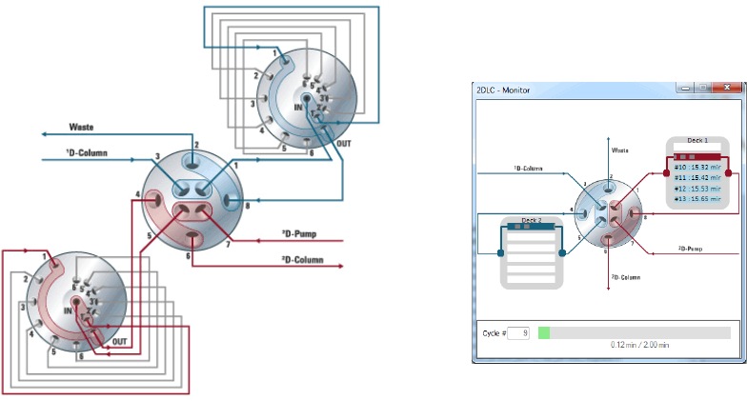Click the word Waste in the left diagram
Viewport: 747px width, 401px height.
[82, 126]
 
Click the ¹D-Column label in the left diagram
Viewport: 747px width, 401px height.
[87, 152]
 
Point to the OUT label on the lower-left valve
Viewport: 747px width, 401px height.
[119, 340]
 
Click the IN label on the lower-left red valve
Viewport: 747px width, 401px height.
[70, 311]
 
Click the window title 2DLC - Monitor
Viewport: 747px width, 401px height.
[504, 90]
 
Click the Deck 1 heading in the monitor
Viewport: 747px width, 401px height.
[697, 140]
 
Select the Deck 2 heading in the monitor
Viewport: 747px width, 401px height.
[531, 220]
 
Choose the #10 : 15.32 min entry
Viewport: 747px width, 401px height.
[698, 167]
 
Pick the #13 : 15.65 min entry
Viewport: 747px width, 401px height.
[698, 198]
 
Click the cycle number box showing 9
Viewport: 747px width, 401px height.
[519, 332]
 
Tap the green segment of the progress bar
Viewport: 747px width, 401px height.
[544, 332]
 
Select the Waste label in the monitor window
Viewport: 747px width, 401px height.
[619, 150]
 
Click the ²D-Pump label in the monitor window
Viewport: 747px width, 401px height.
[689, 249]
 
